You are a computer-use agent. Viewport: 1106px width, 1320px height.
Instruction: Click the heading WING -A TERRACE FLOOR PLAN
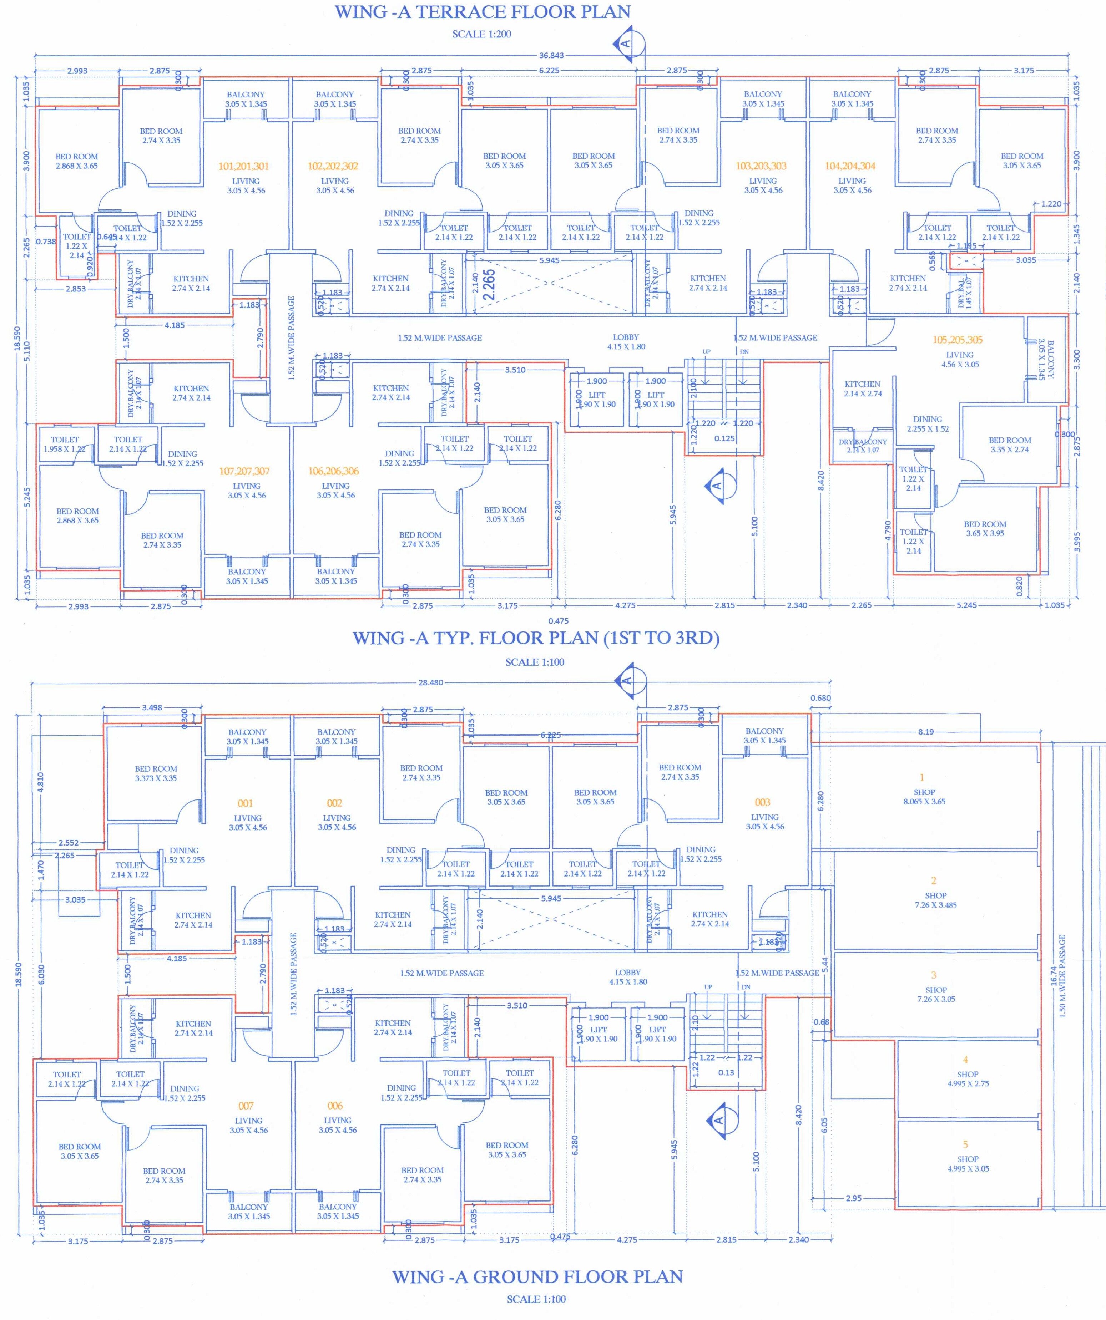click(x=482, y=12)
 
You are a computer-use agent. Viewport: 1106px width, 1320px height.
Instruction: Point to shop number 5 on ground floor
click(x=965, y=1144)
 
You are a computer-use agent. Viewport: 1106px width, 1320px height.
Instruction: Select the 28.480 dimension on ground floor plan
click(x=431, y=682)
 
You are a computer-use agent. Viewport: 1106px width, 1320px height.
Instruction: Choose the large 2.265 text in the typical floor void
click(x=490, y=284)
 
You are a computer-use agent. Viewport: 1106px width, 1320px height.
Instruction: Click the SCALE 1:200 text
click(x=482, y=34)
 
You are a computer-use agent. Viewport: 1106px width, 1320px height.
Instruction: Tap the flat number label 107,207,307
click(x=244, y=471)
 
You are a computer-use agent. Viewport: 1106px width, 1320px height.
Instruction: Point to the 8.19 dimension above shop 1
click(x=925, y=732)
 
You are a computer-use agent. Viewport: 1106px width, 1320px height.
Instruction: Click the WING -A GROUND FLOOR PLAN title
click(x=537, y=1276)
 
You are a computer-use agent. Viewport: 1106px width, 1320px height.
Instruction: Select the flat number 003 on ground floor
click(x=762, y=802)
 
